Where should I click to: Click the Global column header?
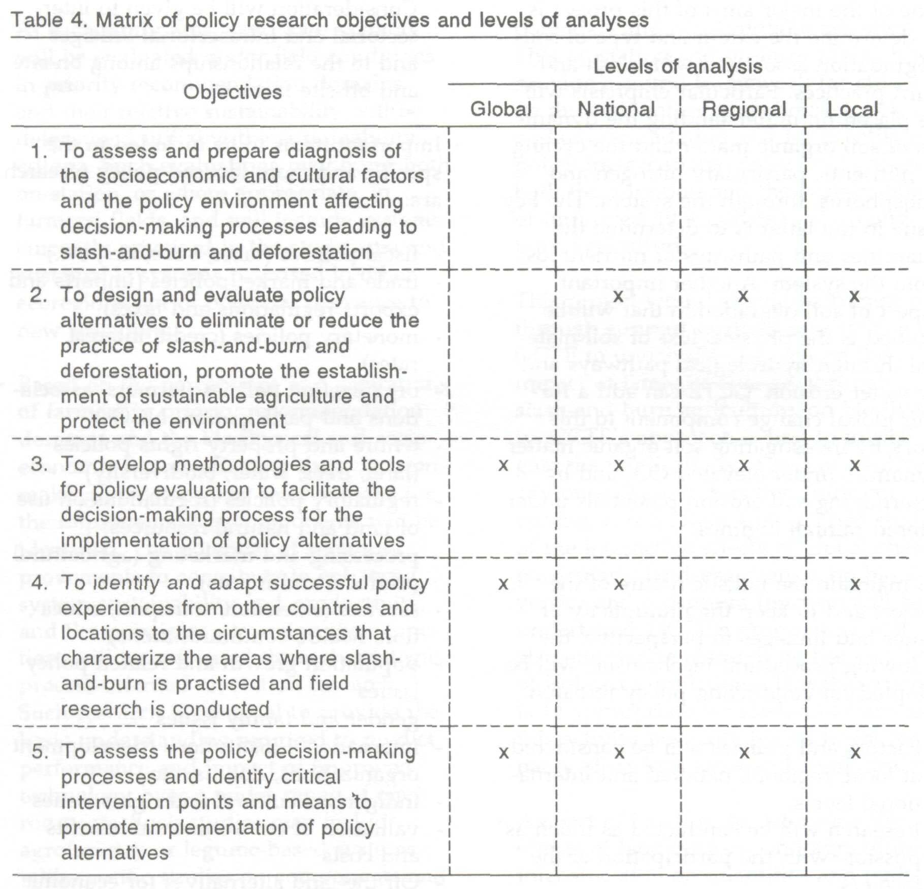(x=501, y=109)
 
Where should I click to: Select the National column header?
(x=616, y=109)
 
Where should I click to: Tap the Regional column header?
(x=744, y=109)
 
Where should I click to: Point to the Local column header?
(x=853, y=109)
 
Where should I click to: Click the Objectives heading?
(x=232, y=92)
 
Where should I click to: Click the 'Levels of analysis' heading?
(x=678, y=67)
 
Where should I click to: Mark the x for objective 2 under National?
(x=618, y=296)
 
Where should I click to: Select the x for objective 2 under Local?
(x=854, y=296)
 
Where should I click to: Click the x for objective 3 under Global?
(x=503, y=465)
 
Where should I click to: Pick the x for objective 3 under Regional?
(x=744, y=465)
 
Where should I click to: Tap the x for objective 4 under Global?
(x=503, y=584)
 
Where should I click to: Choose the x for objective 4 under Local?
(x=855, y=584)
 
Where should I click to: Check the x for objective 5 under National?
(x=619, y=753)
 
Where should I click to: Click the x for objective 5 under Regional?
(x=744, y=753)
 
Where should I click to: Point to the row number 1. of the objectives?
(x=40, y=151)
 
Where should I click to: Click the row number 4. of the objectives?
(x=40, y=583)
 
